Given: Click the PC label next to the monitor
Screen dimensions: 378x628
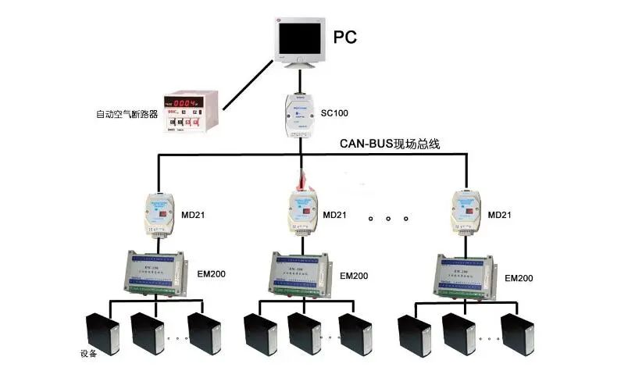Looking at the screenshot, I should point(345,37).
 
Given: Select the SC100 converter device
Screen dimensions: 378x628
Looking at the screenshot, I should point(299,113).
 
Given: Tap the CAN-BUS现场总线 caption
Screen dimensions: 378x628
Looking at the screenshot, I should point(390,144).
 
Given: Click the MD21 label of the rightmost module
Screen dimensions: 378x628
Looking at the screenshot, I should point(501,215).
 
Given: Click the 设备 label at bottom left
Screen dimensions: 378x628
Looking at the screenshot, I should point(87,354).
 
